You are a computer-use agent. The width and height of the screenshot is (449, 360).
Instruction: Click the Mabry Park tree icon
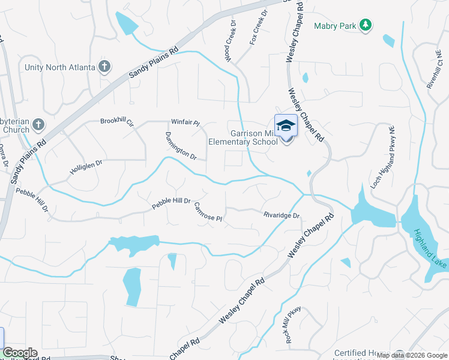[365, 25]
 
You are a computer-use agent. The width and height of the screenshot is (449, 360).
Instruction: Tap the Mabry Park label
[334, 26]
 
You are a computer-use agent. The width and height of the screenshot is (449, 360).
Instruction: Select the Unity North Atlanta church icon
[104, 66]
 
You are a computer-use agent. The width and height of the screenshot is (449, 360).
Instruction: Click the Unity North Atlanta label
[60, 67]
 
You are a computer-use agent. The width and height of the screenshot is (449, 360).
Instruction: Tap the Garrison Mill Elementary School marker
[286, 126]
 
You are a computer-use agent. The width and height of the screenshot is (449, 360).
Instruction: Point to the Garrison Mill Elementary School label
[243, 138]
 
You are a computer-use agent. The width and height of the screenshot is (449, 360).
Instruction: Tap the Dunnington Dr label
[181, 146]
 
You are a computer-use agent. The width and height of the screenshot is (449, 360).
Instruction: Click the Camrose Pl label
[208, 211]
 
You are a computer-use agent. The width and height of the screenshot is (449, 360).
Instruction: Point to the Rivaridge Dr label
[281, 215]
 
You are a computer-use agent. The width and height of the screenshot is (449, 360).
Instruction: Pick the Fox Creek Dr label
[259, 27]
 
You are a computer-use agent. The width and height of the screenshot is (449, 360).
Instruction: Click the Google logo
[20, 353]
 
